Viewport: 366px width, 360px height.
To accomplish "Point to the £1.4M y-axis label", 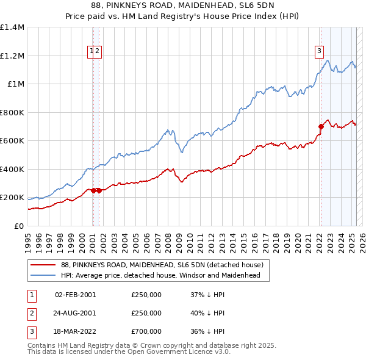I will coord(12,27).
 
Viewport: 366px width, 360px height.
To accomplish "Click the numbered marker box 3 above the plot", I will coord(319,51).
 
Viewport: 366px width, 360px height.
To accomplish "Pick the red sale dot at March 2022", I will coord(320,127).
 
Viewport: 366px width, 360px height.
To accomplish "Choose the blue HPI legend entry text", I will coord(160,276).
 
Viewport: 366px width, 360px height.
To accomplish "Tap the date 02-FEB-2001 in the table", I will coord(75,295).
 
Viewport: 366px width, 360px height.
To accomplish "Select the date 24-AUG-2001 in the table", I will coord(75,313).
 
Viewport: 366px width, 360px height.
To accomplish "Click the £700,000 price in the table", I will coord(146,331).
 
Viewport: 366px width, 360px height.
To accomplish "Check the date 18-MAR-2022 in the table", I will coord(75,331).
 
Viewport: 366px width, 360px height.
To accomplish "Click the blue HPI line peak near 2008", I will coord(168,129).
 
